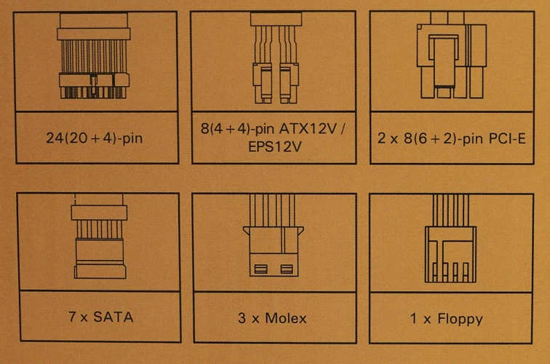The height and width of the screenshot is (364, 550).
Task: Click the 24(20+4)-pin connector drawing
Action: pos(94,56)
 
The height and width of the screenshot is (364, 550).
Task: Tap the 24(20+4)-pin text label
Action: pos(95,138)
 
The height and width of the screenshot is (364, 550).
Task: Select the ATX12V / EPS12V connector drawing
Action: pos(276,58)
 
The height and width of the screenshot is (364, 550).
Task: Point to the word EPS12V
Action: pos(275,147)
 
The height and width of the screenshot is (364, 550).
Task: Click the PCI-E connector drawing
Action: pos(452,55)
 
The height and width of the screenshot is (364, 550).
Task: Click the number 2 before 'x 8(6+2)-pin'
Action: pos(382,138)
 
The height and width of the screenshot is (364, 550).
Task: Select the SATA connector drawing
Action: pos(100,236)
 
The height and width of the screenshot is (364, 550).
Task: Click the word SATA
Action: pos(113,317)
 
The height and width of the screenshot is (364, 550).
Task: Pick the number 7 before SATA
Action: pos(72,317)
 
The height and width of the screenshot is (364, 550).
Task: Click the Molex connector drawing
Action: pos(274,235)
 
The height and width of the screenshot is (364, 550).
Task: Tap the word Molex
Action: pos(286,318)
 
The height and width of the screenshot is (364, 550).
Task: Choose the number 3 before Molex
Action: pos(242,318)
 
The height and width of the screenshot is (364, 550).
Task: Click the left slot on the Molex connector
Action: pos(260,269)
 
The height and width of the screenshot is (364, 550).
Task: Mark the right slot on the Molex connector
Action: pos(287,269)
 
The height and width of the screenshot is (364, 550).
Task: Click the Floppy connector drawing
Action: pos(450,239)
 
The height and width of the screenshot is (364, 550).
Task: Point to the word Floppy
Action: pos(461,320)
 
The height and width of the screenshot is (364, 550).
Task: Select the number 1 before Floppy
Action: pos(414,318)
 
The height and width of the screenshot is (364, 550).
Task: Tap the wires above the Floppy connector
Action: pos(451,210)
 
